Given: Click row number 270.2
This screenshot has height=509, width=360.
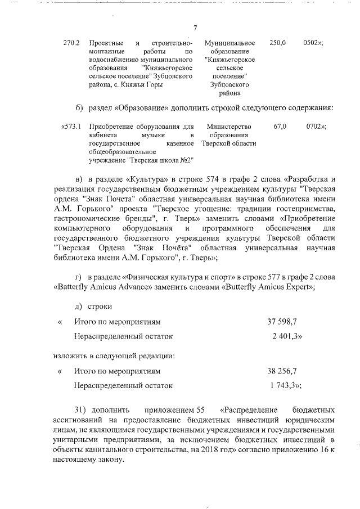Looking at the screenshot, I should (73, 43).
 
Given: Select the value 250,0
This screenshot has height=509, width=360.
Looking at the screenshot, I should (278, 43).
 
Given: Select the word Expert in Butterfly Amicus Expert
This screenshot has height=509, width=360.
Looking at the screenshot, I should (295, 286).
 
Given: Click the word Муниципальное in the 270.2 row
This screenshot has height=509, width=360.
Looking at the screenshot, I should (230, 43).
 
